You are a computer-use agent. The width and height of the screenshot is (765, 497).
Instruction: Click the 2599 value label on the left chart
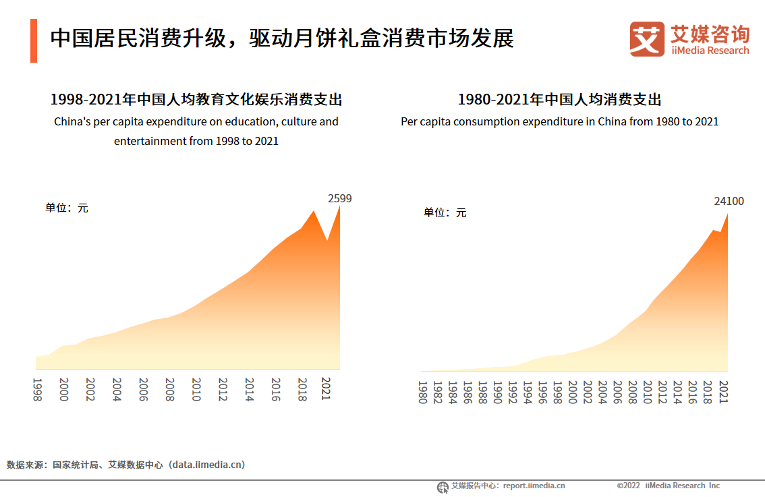[x=339, y=198]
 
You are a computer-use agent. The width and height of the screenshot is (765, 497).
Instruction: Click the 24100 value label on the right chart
[x=729, y=201]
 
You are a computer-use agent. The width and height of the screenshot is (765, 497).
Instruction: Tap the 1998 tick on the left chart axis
[x=37, y=390]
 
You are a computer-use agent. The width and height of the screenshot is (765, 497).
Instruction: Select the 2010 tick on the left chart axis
[x=196, y=390]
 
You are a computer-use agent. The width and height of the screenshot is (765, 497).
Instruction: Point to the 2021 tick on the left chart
[x=327, y=390]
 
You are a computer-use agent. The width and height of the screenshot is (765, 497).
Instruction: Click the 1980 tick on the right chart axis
[x=422, y=392]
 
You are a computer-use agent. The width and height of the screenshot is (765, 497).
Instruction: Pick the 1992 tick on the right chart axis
[x=512, y=392]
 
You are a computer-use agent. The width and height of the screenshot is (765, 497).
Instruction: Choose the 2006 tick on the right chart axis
[x=617, y=392]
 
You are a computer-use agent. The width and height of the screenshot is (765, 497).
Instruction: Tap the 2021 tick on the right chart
[x=722, y=392]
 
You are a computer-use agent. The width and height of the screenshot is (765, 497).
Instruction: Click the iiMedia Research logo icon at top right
[x=647, y=39]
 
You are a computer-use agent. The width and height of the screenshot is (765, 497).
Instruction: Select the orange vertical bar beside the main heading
[x=33, y=40]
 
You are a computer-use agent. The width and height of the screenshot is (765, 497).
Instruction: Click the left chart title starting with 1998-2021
[x=196, y=100]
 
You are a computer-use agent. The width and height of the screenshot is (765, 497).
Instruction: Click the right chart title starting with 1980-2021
[x=559, y=100]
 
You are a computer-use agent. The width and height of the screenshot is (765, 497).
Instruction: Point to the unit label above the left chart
[x=67, y=208]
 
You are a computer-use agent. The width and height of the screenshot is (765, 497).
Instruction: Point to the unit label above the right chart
[x=445, y=212]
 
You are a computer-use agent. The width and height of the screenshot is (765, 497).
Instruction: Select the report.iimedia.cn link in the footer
[x=534, y=486]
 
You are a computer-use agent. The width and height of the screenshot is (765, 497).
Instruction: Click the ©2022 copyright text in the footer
[x=628, y=486]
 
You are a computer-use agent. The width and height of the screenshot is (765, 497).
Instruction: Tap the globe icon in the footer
[x=443, y=487]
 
